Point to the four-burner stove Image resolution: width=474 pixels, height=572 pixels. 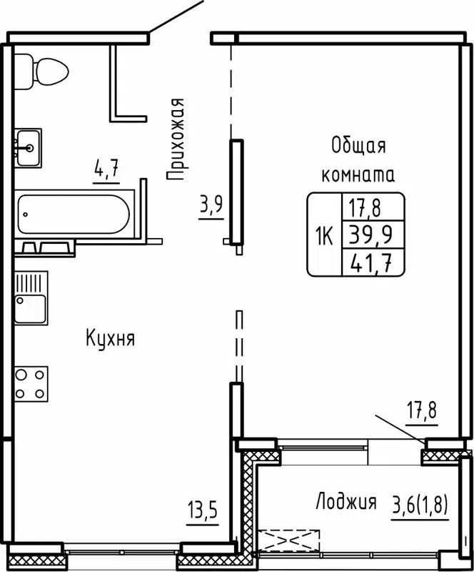tap(31, 383)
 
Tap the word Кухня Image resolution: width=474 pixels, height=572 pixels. tap(110, 337)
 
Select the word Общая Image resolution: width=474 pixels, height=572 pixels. tap(358, 147)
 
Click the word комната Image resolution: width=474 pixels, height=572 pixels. tap(358, 174)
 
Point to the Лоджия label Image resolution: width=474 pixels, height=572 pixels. tap(346, 503)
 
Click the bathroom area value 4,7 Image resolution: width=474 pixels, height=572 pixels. tap(106, 171)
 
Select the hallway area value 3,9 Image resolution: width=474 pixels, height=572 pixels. tap(211, 206)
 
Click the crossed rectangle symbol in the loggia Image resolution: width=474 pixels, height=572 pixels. tap(290, 539)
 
